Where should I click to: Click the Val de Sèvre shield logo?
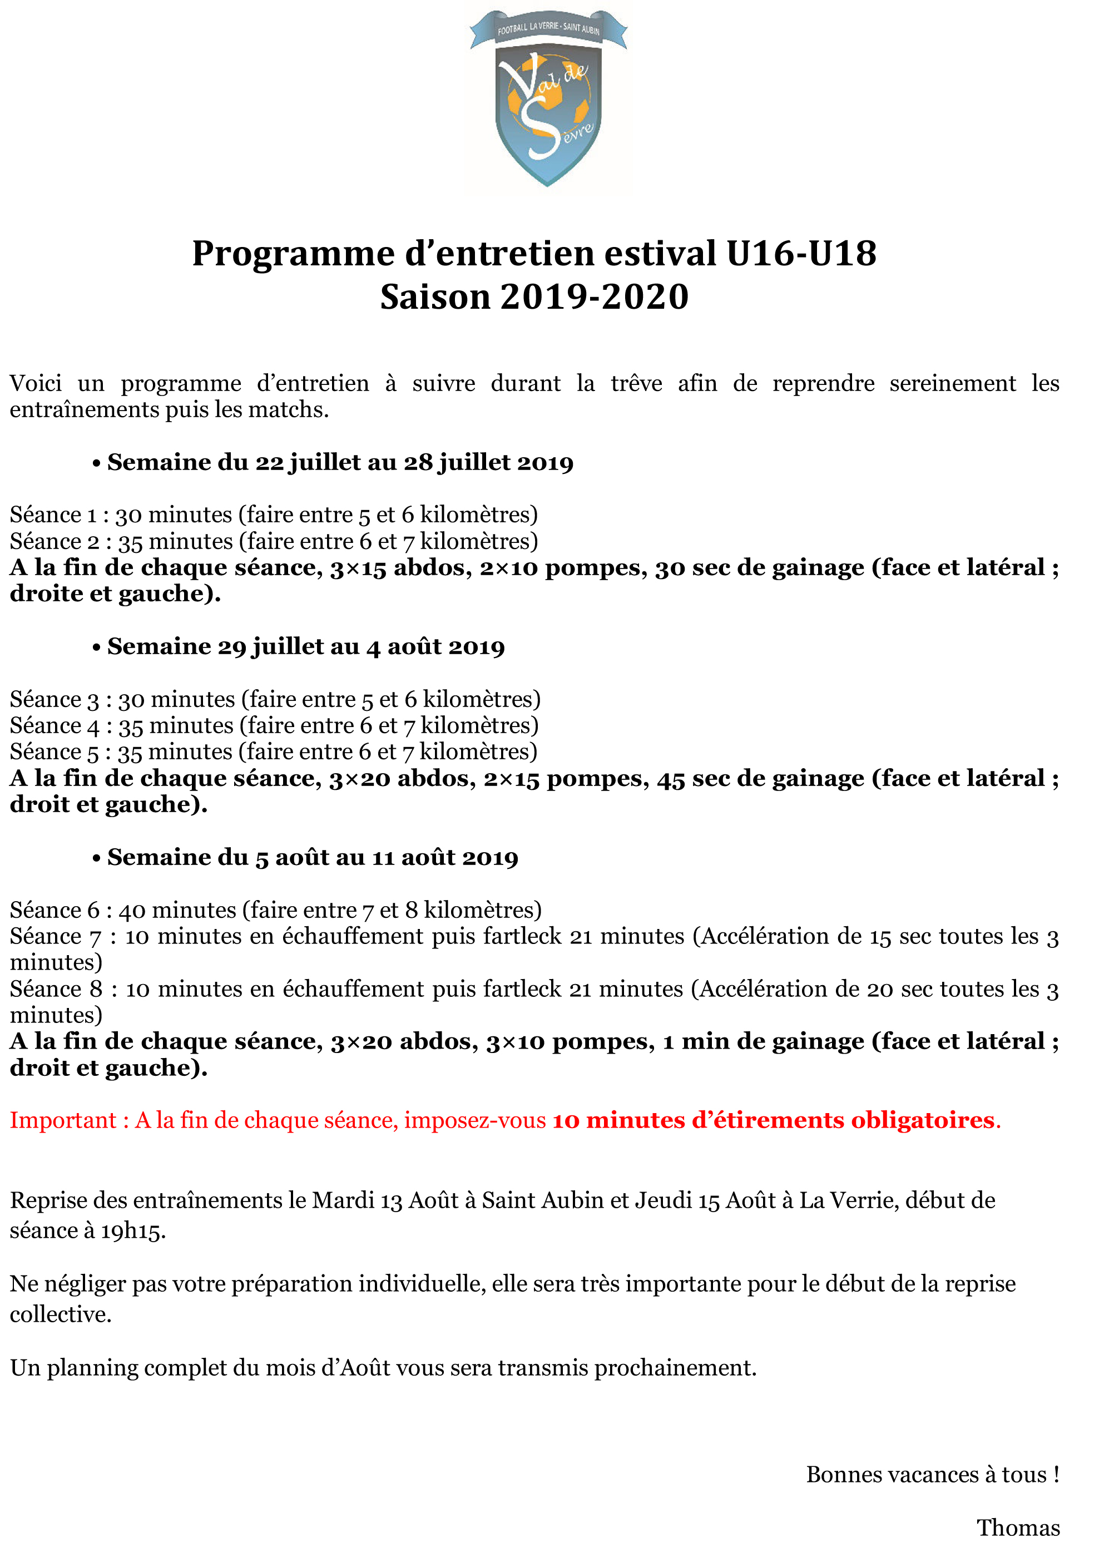548,99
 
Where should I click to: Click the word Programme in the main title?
293,254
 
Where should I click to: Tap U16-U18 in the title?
801,254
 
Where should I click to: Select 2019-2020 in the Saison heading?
594,296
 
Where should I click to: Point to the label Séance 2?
55,541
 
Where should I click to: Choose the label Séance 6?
55,910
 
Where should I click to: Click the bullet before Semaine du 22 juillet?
96,464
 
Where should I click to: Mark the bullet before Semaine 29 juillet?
96,648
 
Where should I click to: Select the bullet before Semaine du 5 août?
96,859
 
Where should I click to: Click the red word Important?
63,1120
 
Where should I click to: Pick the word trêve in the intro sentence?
636,383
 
